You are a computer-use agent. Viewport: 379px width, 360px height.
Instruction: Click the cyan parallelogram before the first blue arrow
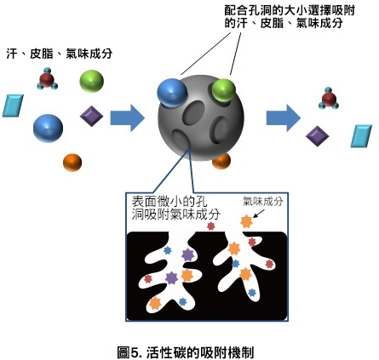click(13, 106)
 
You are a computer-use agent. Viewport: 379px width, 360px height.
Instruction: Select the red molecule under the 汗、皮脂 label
click(47, 79)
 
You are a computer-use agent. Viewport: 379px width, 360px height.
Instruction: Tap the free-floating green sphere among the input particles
click(91, 81)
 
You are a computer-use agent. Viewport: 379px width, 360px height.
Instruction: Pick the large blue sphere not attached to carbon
click(48, 129)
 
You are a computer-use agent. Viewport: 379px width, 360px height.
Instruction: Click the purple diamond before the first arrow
click(91, 116)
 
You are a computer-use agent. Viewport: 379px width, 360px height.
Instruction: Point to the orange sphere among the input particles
click(72, 163)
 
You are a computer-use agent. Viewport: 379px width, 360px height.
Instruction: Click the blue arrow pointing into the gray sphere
click(128, 117)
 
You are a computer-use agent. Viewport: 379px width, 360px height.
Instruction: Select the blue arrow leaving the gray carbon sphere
click(284, 117)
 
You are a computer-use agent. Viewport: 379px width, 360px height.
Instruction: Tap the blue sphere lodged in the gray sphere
click(172, 93)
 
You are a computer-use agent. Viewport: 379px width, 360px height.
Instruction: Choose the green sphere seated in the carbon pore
click(224, 90)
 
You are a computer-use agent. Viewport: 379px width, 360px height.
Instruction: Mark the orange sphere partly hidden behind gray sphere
click(222, 162)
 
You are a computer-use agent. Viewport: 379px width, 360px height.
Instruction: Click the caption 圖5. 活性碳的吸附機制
click(186, 352)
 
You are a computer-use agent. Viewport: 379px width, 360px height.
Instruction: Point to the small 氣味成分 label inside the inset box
click(263, 201)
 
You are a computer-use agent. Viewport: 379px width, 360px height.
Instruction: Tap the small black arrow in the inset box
click(258, 214)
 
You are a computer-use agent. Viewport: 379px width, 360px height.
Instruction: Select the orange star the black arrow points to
click(246, 221)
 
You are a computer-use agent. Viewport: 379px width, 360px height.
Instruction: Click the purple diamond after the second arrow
click(318, 136)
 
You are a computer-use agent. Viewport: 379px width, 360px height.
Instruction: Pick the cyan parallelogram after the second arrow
click(361, 136)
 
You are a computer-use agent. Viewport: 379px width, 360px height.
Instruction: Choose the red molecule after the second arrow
click(329, 99)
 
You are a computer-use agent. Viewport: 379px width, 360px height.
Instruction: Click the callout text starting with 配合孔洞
click(290, 17)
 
